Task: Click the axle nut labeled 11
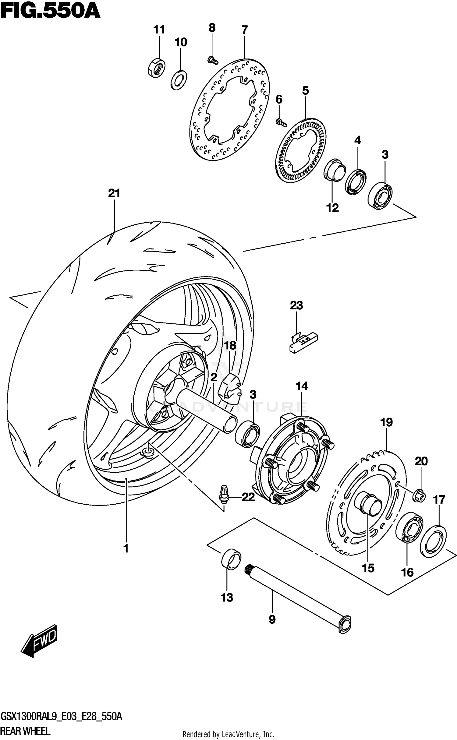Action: click(156, 68)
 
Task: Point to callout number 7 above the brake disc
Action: click(244, 30)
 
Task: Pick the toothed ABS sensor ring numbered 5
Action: click(301, 151)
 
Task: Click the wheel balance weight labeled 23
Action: click(303, 342)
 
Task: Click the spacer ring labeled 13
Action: click(231, 559)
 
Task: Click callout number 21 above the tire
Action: click(114, 193)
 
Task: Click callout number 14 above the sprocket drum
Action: click(302, 386)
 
